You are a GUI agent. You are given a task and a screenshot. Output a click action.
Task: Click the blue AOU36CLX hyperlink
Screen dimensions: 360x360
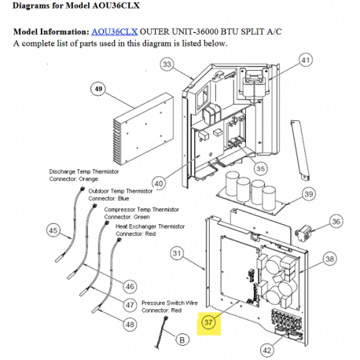pos(114,32)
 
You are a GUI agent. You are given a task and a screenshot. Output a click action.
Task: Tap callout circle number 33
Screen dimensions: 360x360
pos(167,64)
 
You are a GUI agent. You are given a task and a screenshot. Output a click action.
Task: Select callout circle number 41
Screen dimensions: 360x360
pos(306,61)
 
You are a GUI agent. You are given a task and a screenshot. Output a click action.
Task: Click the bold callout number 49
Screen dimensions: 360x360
pos(98,89)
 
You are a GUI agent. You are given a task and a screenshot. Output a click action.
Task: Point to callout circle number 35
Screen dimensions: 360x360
pos(260,168)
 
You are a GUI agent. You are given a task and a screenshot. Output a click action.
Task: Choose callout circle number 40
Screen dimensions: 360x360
pos(159,183)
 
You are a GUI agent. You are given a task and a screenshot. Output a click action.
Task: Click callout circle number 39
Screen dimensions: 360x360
pos(309,194)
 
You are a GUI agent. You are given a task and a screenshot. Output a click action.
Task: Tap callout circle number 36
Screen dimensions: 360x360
pos(336,222)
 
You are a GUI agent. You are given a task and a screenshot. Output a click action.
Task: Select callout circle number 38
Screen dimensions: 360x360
pos(329,259)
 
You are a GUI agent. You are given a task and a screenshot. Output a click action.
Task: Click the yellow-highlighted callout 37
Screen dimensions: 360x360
pos(208,322)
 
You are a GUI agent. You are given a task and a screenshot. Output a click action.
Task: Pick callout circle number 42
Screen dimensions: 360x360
pos(267,350)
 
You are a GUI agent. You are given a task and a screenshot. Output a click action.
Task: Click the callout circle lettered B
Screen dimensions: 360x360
pos(182,340)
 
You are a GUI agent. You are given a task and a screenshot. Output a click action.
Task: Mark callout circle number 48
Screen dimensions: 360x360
pos(130,325)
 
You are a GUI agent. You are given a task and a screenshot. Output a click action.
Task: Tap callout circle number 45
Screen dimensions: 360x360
pos(53,230)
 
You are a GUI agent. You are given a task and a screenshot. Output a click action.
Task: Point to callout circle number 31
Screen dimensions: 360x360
pos(177,253)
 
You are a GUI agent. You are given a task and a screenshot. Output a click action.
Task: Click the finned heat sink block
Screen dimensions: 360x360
pos(143,129)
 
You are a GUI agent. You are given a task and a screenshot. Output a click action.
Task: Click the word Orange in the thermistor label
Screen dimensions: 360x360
pos(88,179)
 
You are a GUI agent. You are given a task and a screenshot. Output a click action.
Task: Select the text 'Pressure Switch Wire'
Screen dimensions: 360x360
pos(170,303)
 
